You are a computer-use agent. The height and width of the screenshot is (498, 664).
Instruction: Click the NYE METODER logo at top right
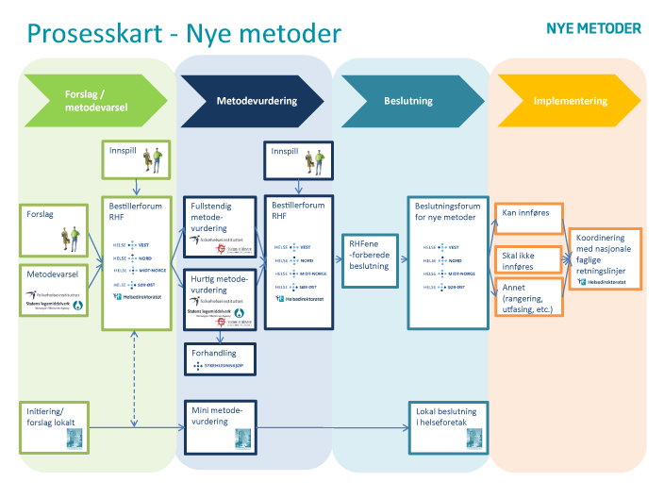pos(594,27)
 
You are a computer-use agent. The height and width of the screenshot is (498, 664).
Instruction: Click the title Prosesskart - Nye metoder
pos(184,35)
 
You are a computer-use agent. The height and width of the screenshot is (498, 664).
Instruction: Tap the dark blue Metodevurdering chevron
pos(255,101)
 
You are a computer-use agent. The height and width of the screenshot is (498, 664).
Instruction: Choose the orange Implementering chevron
pos(569,101)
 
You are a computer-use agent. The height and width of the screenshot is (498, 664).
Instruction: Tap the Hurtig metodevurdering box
pos(220,296)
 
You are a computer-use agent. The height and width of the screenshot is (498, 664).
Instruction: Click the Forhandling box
pos(220,358)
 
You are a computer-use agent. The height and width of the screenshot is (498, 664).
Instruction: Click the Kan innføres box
pos(528,214)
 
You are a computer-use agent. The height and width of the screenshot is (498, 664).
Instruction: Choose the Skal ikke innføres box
pos(528,259)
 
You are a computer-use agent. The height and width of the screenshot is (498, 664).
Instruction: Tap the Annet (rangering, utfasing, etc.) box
pos(528,296)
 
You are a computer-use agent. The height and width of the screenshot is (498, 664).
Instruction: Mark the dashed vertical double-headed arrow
pos(136,376)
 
